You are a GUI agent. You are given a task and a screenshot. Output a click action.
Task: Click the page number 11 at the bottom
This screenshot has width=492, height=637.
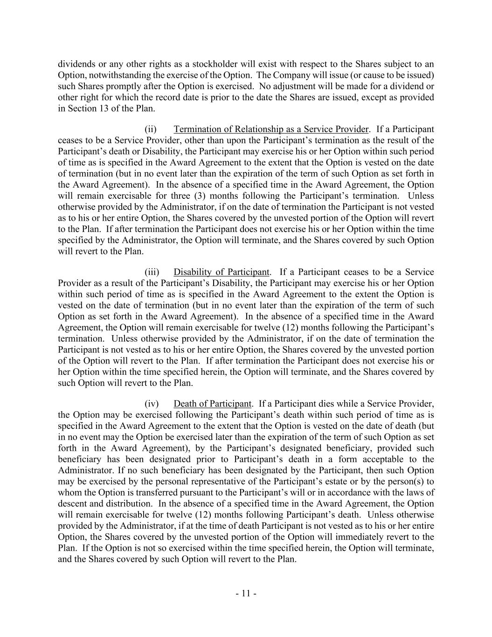(246, 593)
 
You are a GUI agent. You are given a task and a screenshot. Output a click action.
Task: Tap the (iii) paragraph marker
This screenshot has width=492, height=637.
(152, 272)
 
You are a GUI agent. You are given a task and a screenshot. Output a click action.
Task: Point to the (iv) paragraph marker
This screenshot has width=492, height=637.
(152, 404)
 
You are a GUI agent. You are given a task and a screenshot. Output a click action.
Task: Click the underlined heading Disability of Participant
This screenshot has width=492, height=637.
(222, 272)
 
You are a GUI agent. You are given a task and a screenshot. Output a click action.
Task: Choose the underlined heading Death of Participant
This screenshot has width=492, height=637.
(213, 404)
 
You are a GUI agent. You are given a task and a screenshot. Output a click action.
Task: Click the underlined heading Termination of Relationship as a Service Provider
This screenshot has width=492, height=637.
(271, 129)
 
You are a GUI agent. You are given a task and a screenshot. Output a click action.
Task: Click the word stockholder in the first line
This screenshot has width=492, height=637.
(215, 64)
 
